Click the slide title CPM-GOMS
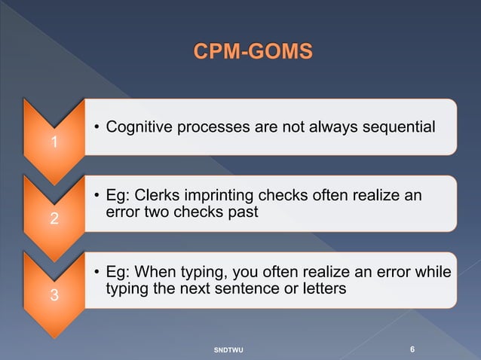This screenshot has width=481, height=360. click(251, 52)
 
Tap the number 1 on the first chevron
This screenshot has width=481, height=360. click(53, 142)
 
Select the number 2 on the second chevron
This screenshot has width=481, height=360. click(53, 219)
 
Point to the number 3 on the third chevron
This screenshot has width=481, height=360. click(53, 295)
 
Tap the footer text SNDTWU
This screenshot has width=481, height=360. click(229, 350)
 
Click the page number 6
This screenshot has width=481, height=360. click(412, 349)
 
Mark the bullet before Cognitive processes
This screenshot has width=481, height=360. click(97, 128)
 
